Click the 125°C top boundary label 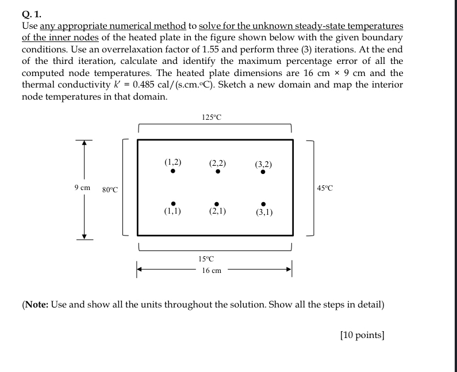(x=212, y=117)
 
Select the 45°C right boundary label (x=324, y=188)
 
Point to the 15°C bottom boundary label (x=206, y=259)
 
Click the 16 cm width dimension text (x=212, y=270)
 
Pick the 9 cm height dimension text (x=82, y=188)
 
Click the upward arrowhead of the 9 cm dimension (x=84, y=143)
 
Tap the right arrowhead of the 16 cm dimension (x=290, y=268)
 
